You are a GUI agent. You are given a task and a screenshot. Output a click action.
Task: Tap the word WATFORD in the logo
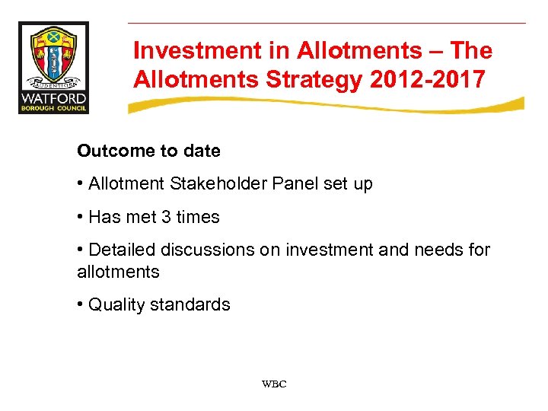coord(53,97)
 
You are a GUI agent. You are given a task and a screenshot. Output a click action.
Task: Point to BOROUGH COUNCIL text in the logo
coord(53,108)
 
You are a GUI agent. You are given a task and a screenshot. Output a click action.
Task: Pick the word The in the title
coord(470,51)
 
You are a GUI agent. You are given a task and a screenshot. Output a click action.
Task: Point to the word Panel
coord(289,184)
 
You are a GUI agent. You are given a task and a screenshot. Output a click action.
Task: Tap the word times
coord(198,217)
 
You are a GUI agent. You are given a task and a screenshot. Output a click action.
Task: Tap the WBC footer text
coord(274,384)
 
